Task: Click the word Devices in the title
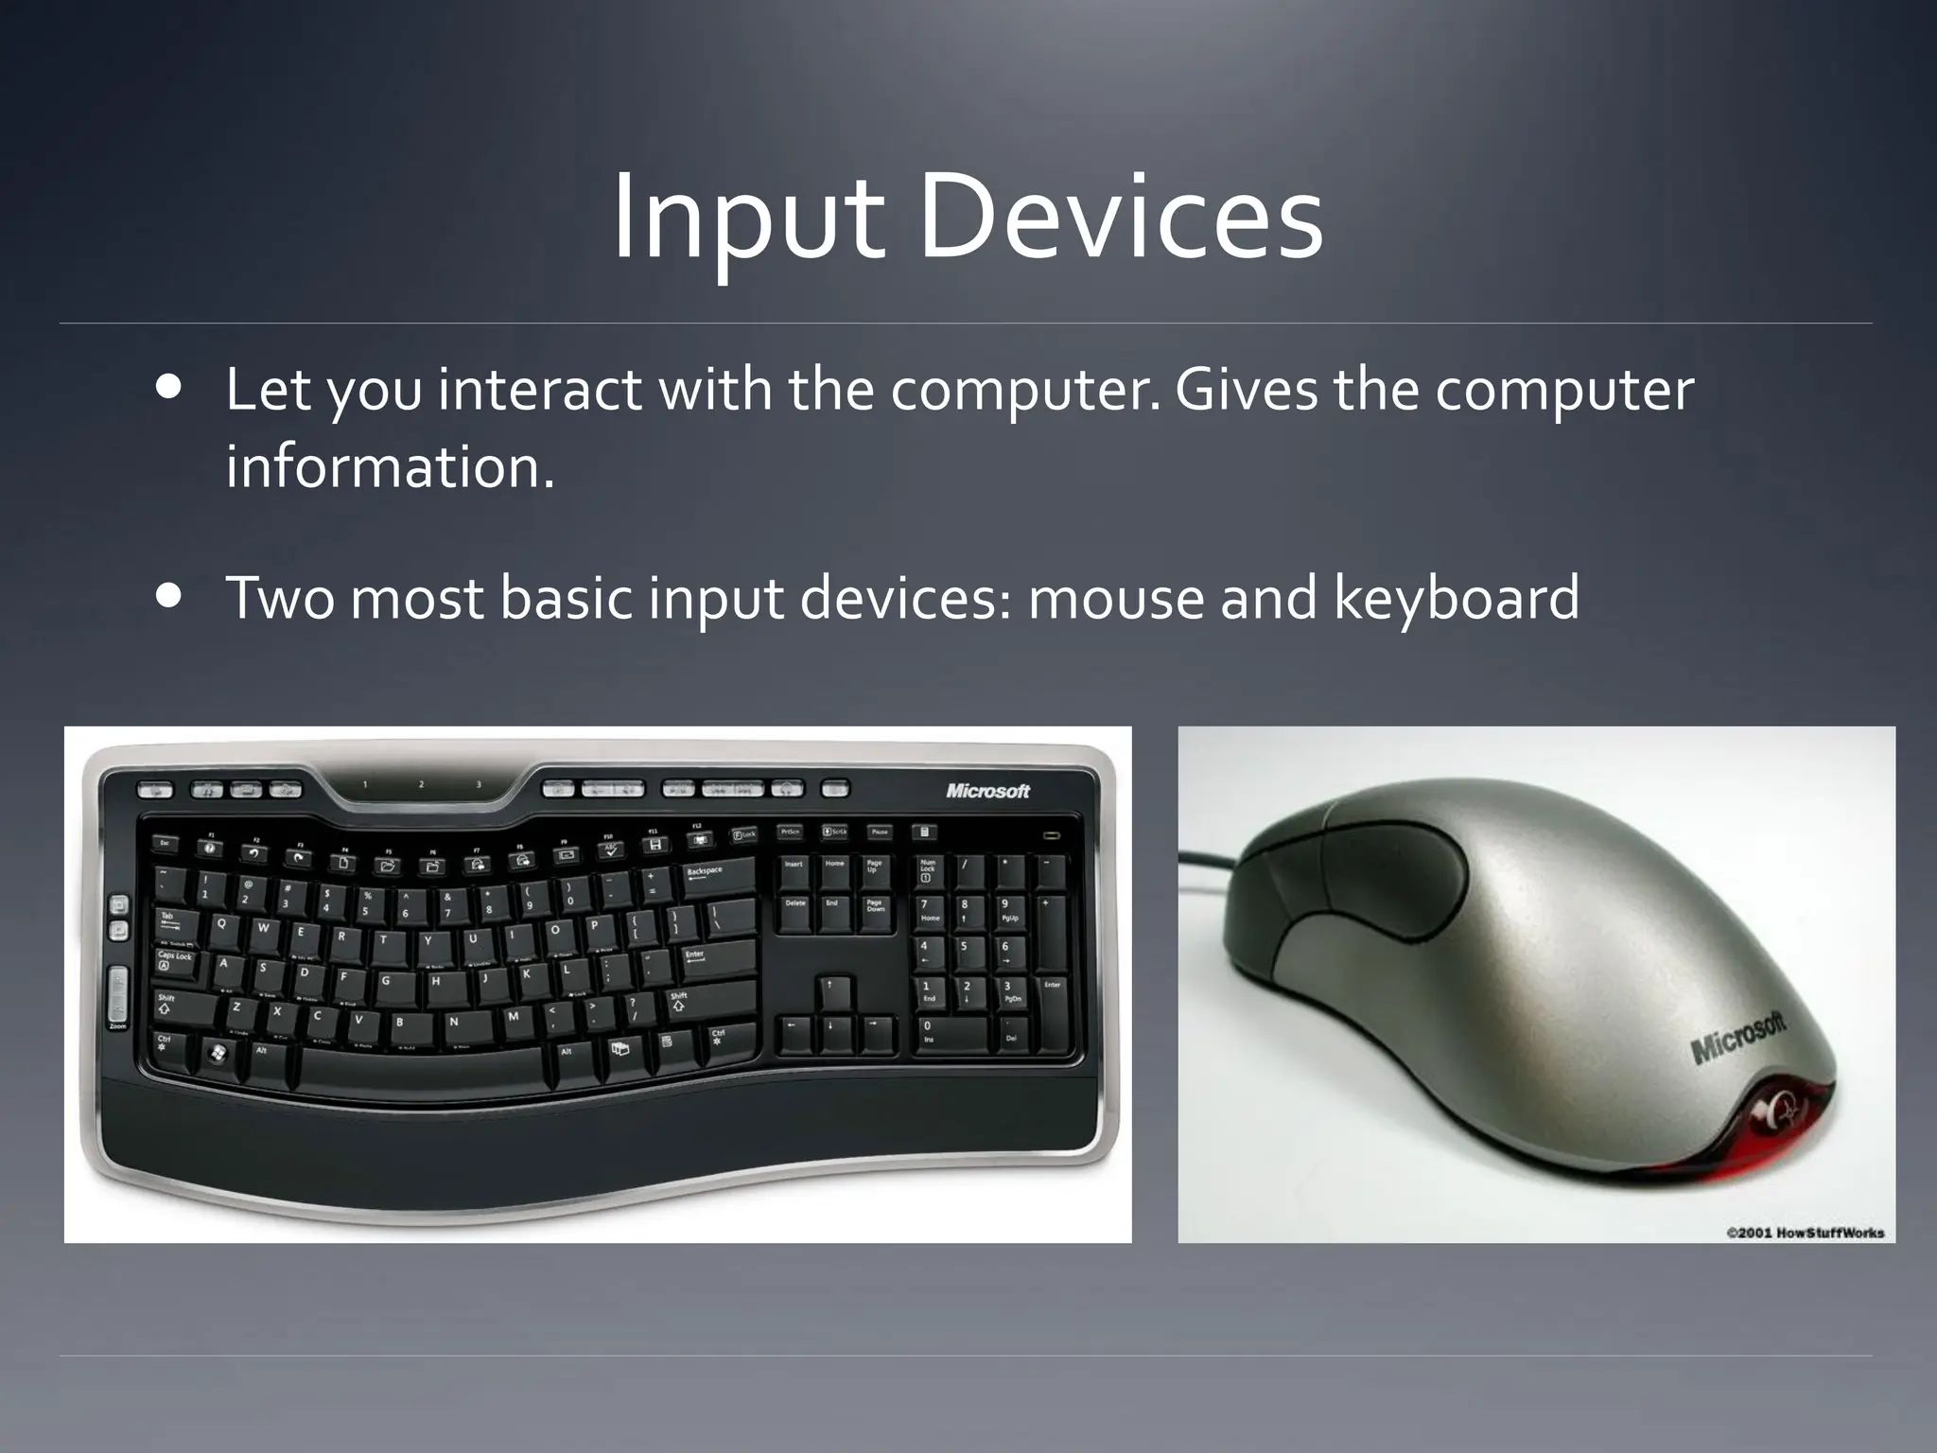(1120, 219)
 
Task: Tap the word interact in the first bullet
(539, 390)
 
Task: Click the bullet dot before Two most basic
(170, 598)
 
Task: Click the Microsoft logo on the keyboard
(987, 791)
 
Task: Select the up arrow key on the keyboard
(829, 993)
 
